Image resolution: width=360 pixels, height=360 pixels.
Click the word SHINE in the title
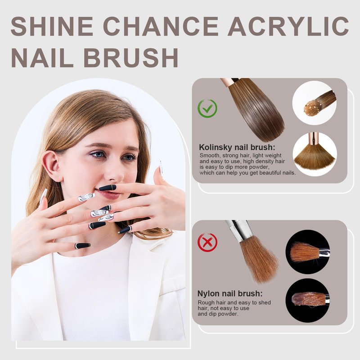coord(52,26)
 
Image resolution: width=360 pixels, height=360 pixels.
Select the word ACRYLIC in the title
coord(288,26)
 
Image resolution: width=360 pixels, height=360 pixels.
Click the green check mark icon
coord(207,108)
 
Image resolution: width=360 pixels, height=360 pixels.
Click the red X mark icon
coord(207,243)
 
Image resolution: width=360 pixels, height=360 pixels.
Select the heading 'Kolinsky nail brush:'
coord(237,147)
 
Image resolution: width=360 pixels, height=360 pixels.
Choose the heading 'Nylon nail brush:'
coord(230,293)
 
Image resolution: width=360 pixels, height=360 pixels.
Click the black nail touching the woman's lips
coord(108,188)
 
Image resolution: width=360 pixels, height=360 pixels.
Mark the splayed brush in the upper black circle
coord(308,252)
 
